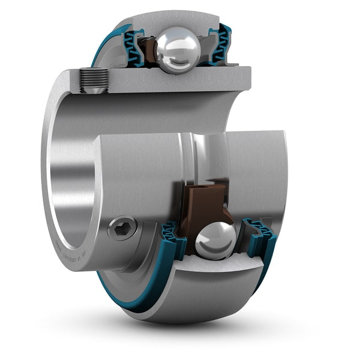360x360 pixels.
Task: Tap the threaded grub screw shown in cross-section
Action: pos(94,79)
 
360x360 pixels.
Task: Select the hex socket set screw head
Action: pos(122,228)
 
